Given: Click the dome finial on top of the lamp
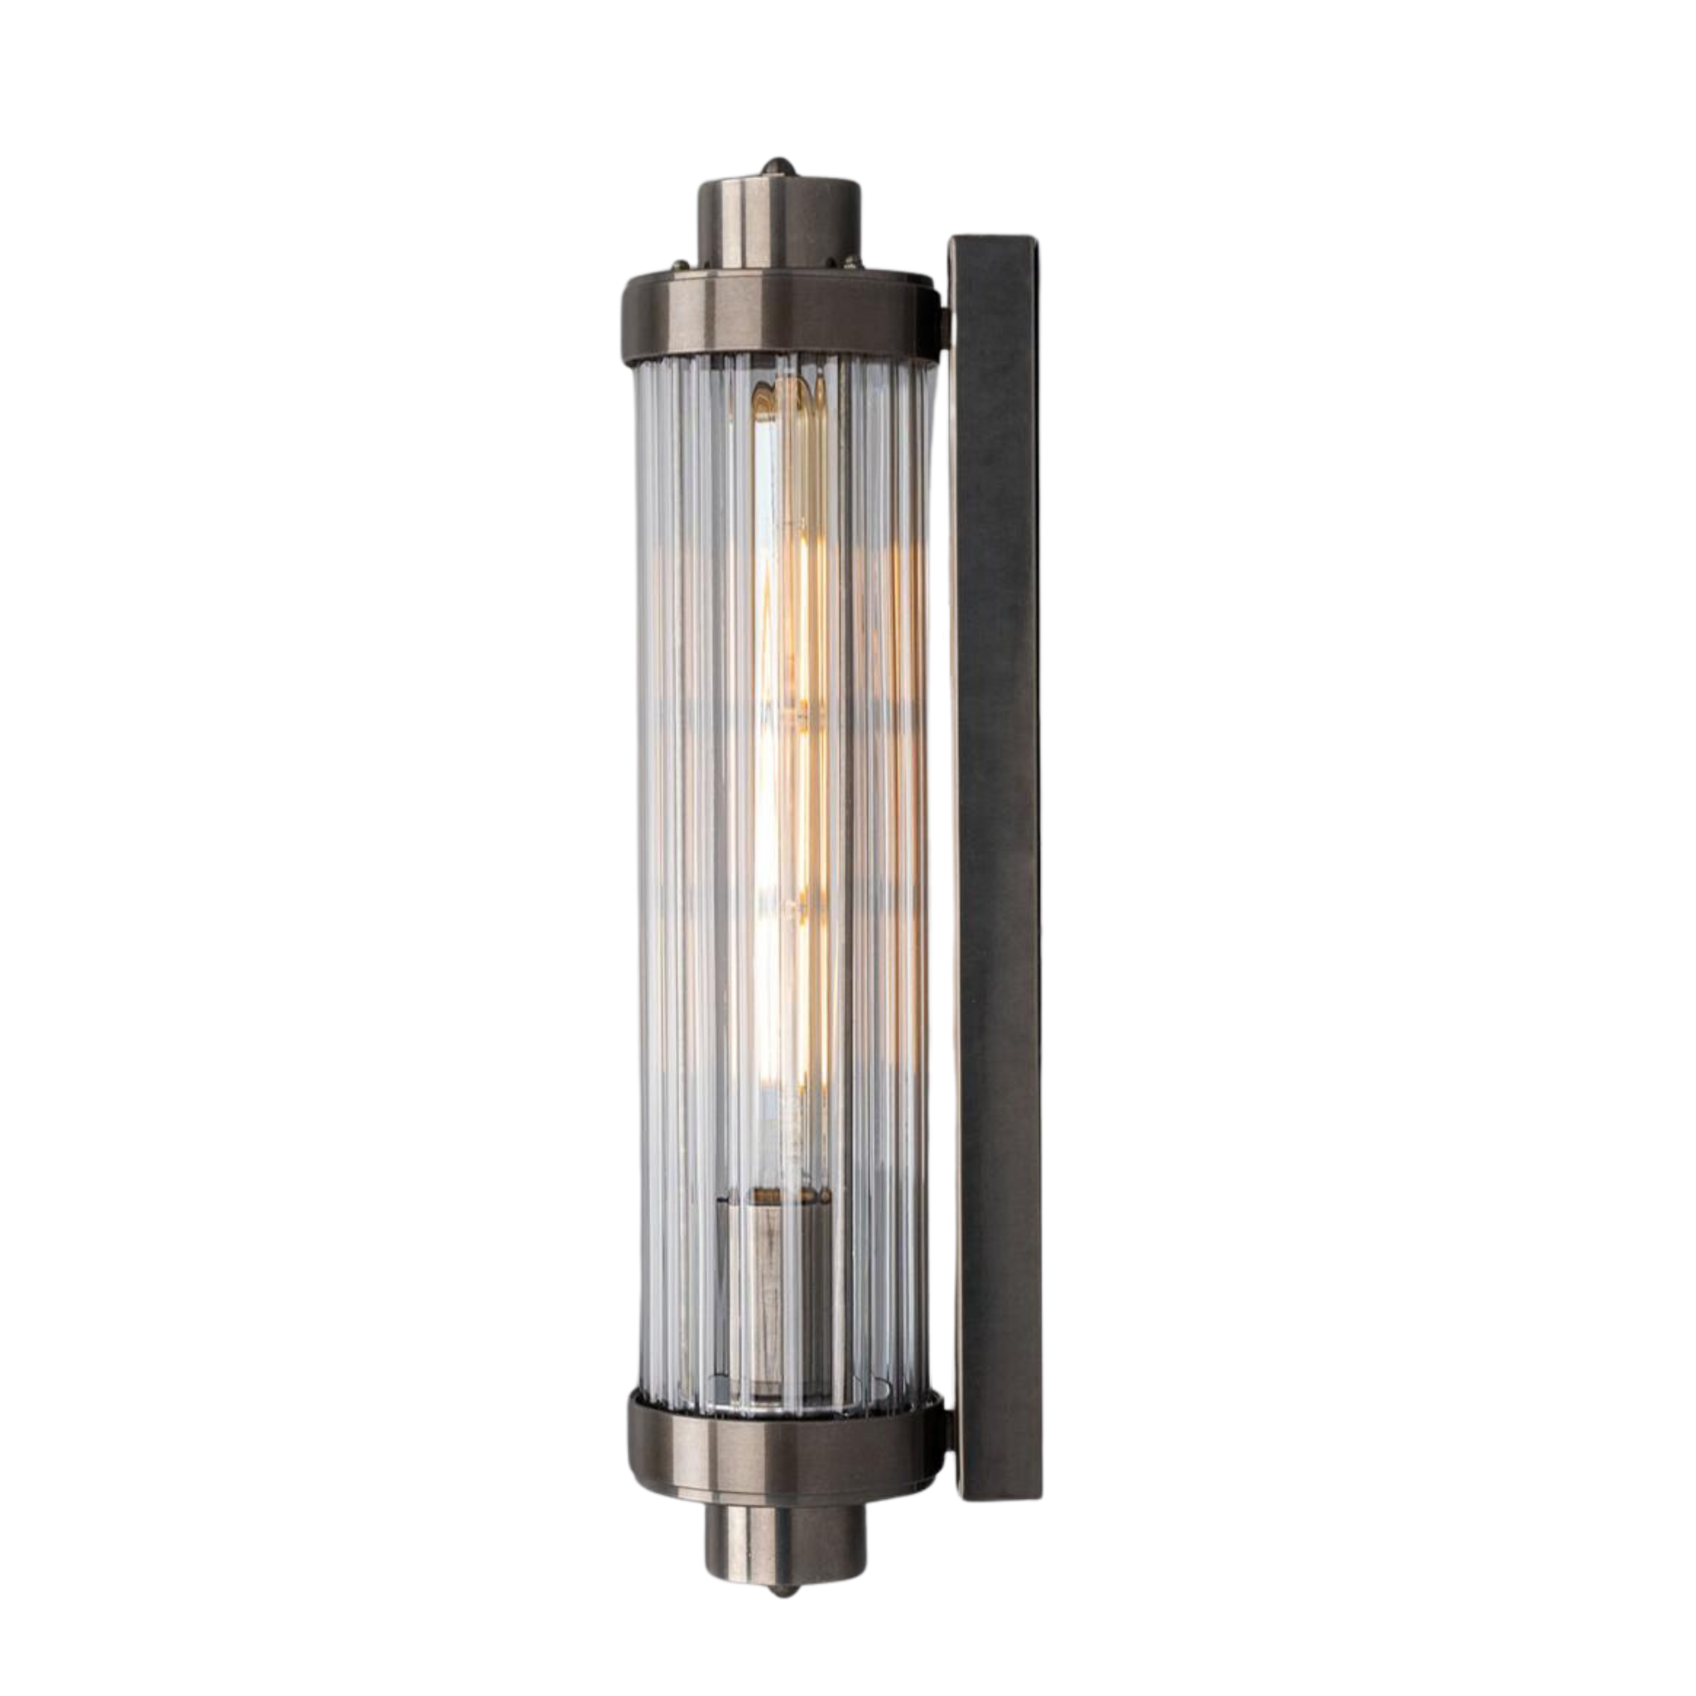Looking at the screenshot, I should tap(777, 166).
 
